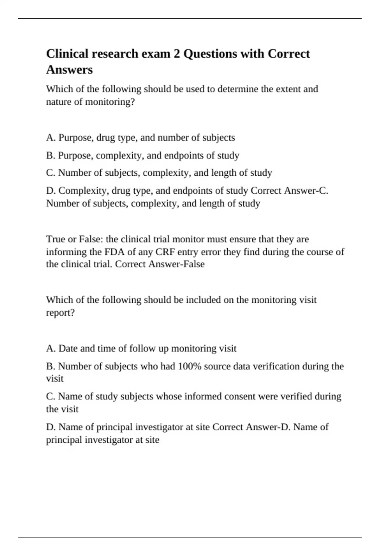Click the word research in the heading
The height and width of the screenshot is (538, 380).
pos(115,54)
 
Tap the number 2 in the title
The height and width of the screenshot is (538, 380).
pos(177,54)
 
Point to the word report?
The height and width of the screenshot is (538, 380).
pos(60,313)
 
